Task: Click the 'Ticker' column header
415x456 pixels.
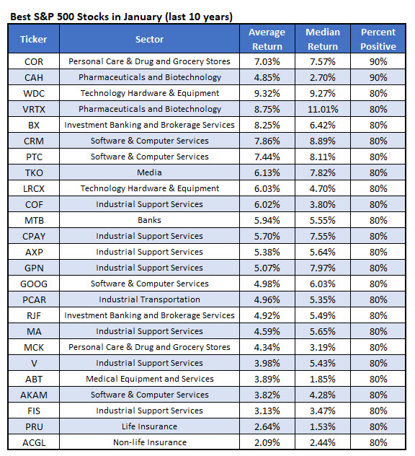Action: (33, 39)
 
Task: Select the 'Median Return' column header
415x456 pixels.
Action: (323, 39)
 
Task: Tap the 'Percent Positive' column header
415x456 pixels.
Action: (378, 39)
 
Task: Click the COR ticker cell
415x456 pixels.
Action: (33, 61)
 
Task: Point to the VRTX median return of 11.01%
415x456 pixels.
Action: (323, 109)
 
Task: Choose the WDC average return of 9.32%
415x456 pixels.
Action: (267, 93)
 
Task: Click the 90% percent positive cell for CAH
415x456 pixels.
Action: (378, 77)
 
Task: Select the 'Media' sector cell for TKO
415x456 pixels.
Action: (150, 172)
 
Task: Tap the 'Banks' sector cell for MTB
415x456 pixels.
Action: (150, 220)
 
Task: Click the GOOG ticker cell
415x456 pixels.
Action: (33, 284)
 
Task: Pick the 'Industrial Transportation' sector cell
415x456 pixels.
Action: (150, 299)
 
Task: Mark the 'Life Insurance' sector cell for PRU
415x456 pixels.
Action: (150, 426)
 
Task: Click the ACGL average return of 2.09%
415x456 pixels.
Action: (267, 442)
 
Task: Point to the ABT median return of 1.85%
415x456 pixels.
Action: (323, 379)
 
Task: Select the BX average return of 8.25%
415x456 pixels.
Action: (267, 125)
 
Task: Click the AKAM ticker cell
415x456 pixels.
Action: (33, 395)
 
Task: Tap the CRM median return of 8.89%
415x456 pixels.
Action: (323, 141)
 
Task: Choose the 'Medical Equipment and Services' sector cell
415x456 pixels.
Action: (150, 379)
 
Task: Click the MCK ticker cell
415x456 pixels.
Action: (33, 347)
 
